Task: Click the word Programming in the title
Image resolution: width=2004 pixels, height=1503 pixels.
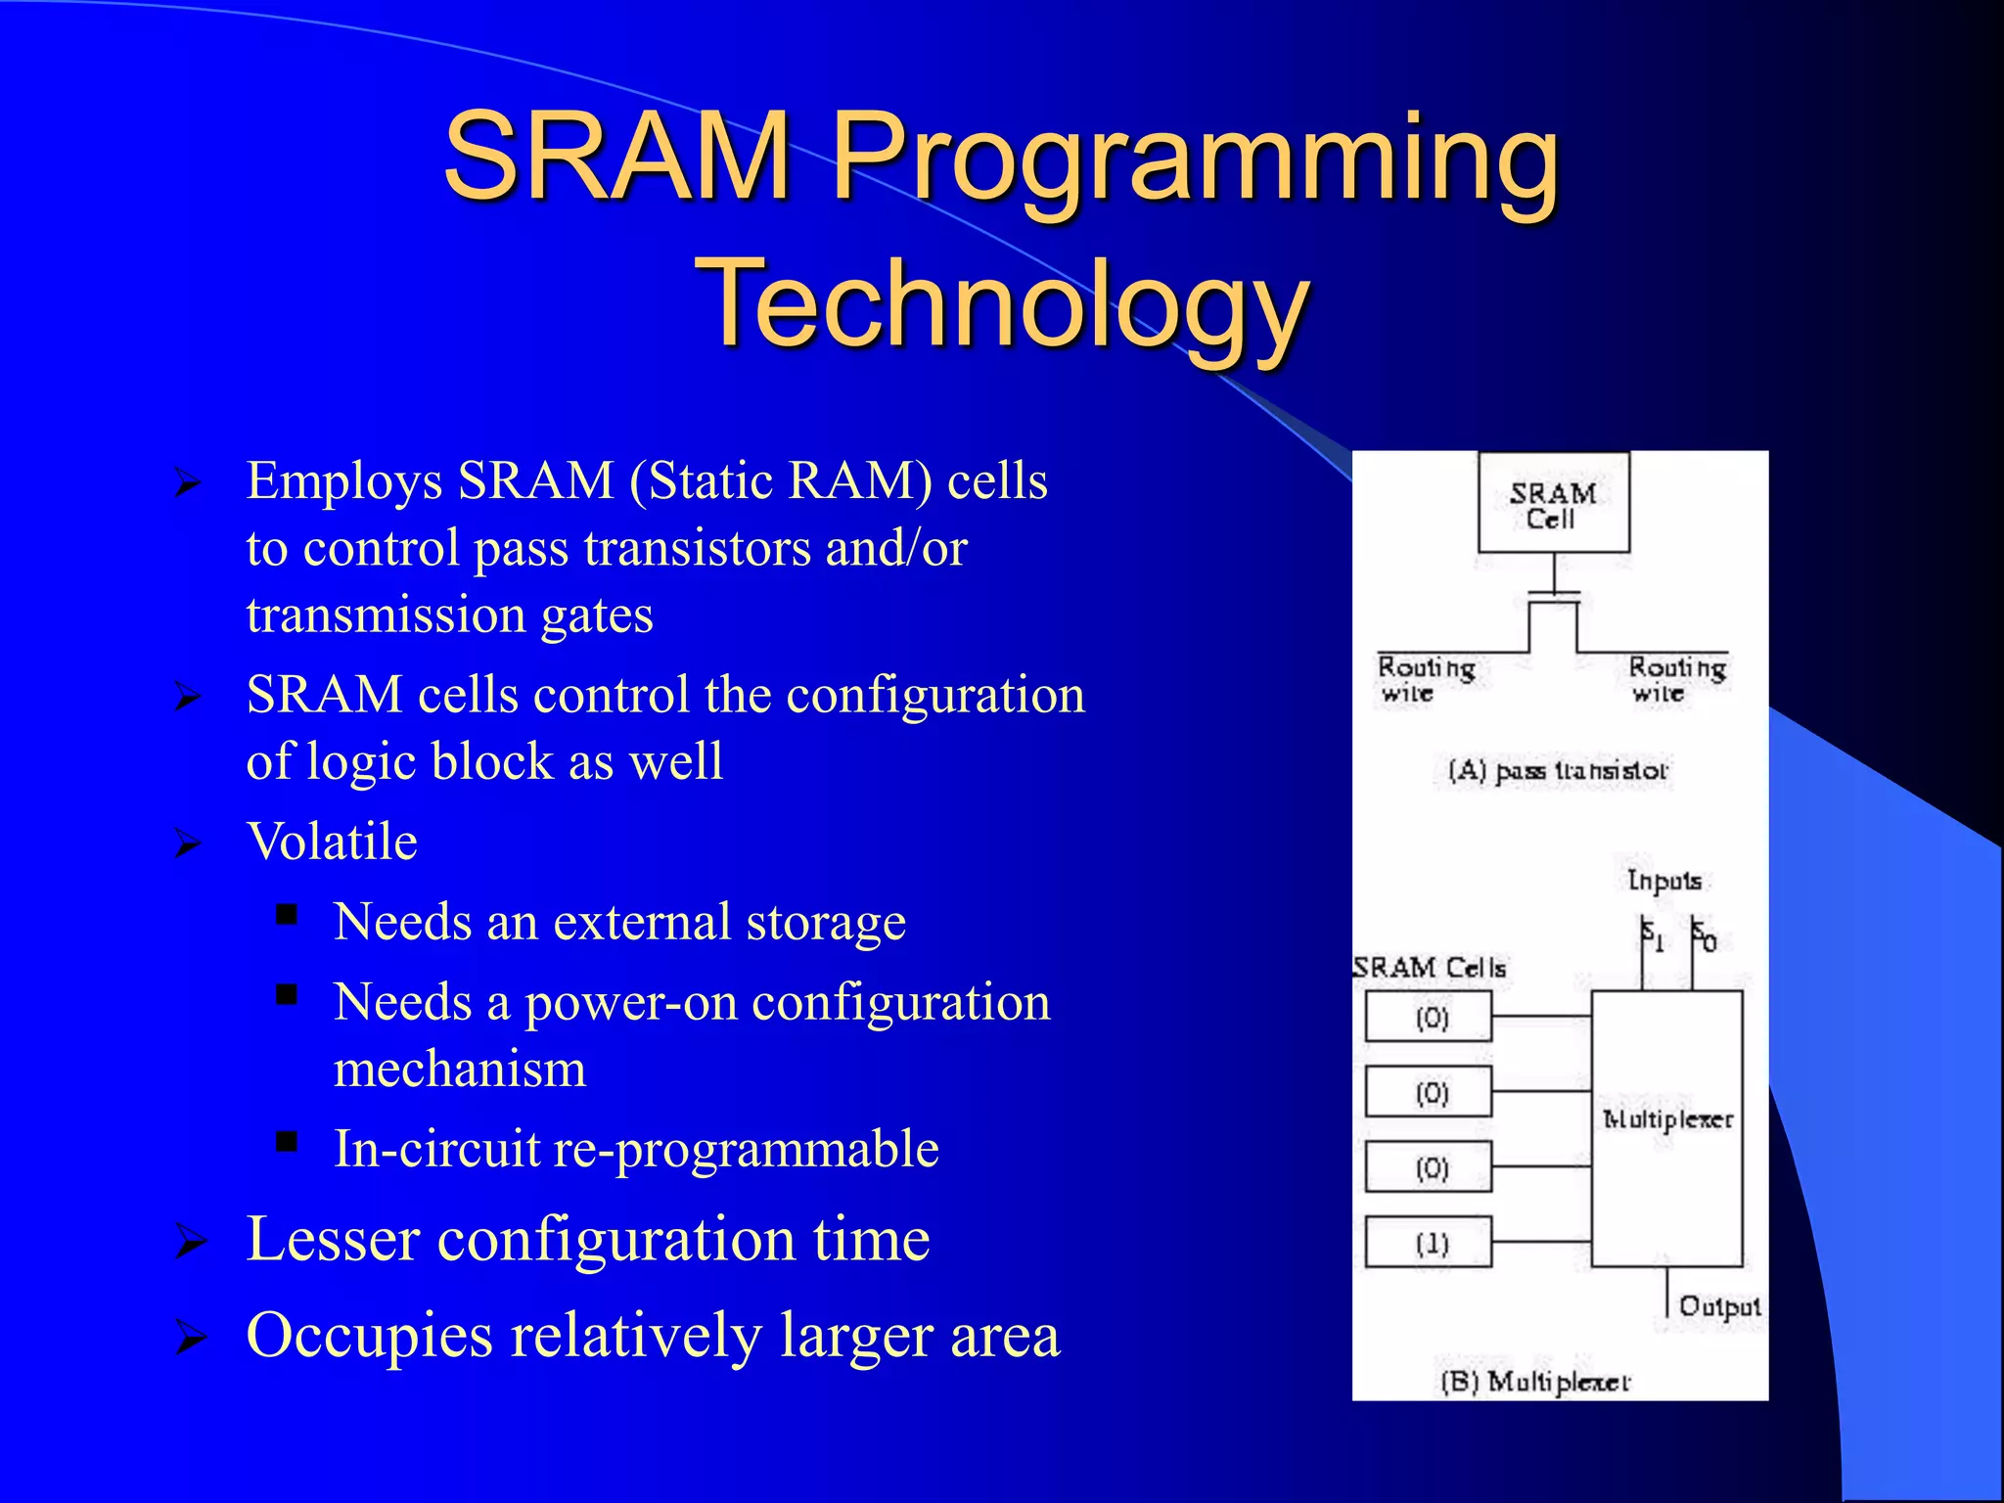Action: pyautogui.click(x=1194, y=157)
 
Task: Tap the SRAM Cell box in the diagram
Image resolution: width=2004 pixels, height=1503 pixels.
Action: pyautogui.click(x=1553, y=503)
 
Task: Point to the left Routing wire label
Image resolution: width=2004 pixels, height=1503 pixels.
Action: pyautogui.click(x=1425, y=679)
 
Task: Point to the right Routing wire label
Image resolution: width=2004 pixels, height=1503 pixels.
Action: pyautogui.click(x=1676, y=679)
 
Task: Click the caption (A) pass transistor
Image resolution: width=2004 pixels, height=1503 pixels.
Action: pyautogui.click(x=1558, y=771)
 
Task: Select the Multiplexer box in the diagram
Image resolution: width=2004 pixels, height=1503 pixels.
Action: pyautogui.click(x=1666, y=1127)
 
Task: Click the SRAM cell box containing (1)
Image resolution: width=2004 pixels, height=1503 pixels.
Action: pyautogui.click(x=1429, y=1243)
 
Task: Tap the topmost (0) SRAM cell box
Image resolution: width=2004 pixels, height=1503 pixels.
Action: pyautogui.click(x=1429, y=1018)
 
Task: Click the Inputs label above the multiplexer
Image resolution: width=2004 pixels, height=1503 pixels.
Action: pyautogui.click(x=1663, y=881)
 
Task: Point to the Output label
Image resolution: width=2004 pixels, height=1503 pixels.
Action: pyautogui.click(x=1719, y=1306)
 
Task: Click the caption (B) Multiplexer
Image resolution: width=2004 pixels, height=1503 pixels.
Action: pyautogui.click(x=1535, y=1382)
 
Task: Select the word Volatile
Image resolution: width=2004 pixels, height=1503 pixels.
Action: pyautogui.click(x=332, y=842)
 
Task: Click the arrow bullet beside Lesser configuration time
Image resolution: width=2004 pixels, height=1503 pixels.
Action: pyautogui.click(x=189, y=1243)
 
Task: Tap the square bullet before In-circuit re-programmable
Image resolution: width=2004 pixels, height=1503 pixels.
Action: pyautogui.click(x=286, y=1141)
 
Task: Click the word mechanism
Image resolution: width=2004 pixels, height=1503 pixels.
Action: pyautogui.click(x=460, y=1069)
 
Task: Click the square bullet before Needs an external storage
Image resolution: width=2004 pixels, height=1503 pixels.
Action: pyautogui.click(x=286, y=915)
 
